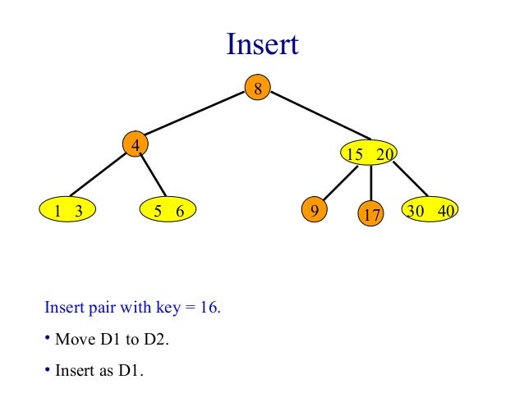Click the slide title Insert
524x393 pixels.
pos(262,45)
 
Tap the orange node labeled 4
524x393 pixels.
pos(135,145)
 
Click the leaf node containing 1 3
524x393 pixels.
pos(68,211)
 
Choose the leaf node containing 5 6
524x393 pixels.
pos(168,211)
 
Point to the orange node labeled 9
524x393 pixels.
pos(313,210)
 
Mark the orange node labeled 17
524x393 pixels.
pos(371,215)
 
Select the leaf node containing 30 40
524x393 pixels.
pos(430,210)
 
